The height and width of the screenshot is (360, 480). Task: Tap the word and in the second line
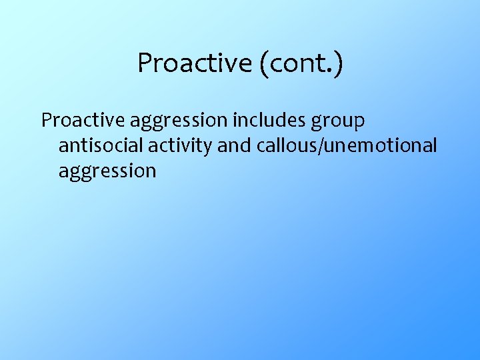point(232,145)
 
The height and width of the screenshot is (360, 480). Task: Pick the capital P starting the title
point(143,63)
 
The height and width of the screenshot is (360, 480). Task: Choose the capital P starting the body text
point(46,121)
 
